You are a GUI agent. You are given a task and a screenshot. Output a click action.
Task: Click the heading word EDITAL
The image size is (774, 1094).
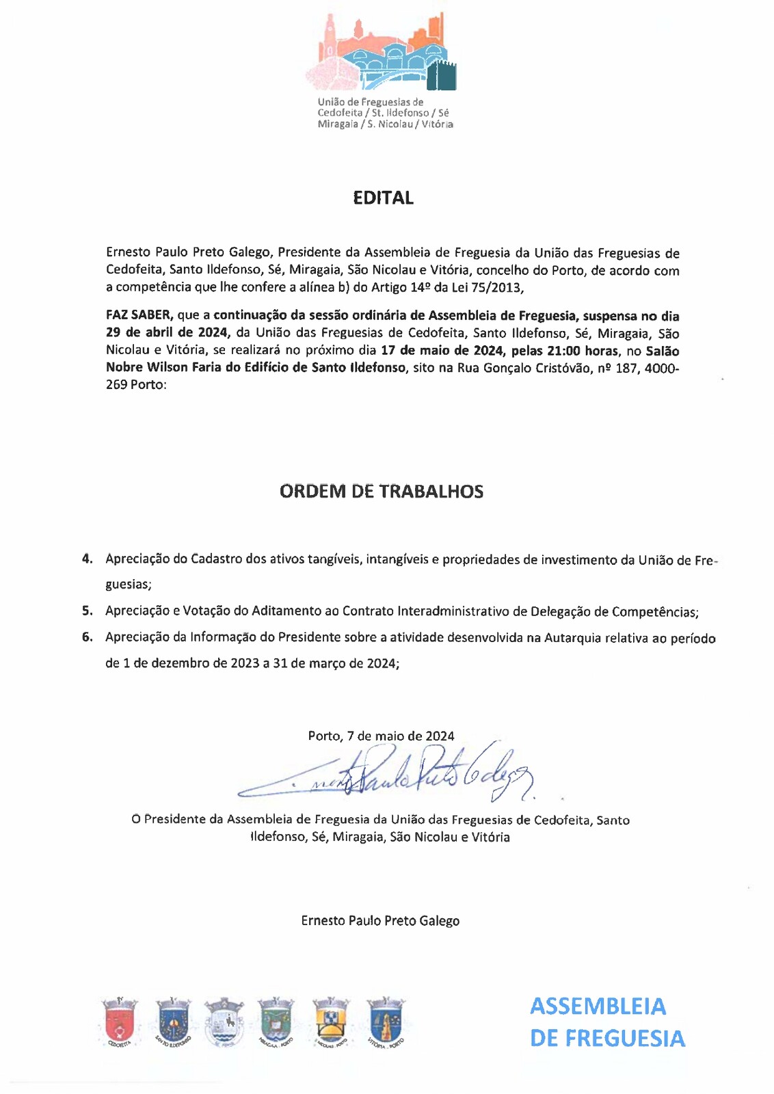point(383,198)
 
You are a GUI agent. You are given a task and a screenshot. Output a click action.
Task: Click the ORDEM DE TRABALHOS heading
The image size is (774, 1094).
point(382,492)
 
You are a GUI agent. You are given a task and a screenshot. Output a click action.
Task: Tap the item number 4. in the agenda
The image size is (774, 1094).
point(88,559)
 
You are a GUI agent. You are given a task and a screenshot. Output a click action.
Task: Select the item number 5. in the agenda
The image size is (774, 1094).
point(88,611)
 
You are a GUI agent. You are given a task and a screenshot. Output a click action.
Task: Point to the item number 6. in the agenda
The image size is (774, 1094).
point(88,637)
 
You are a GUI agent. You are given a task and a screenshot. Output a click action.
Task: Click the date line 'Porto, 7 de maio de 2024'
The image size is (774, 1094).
point(381,736)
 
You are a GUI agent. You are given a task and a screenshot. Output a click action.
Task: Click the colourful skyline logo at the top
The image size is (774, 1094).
point(381,55)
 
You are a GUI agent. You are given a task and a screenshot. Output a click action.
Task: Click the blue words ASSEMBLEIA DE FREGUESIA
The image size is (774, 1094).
point(607,1022)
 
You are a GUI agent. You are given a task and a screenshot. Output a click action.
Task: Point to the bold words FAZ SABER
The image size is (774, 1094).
point(138,316)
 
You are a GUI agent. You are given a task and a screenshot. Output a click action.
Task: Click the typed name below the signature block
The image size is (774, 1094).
point(380,920)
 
